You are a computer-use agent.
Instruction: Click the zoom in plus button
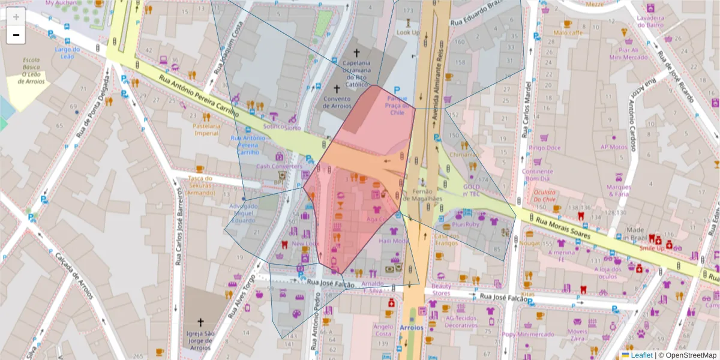coord(16,17)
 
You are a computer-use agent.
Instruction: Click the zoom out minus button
coord(16,35)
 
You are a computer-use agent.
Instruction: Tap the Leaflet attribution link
coord(641,355)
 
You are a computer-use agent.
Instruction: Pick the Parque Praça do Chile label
coord(397,105)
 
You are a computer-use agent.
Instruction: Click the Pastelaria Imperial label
coord(206,130)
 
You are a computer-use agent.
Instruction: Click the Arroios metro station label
coord(410,328)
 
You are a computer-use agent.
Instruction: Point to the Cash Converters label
coord(279,166)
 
